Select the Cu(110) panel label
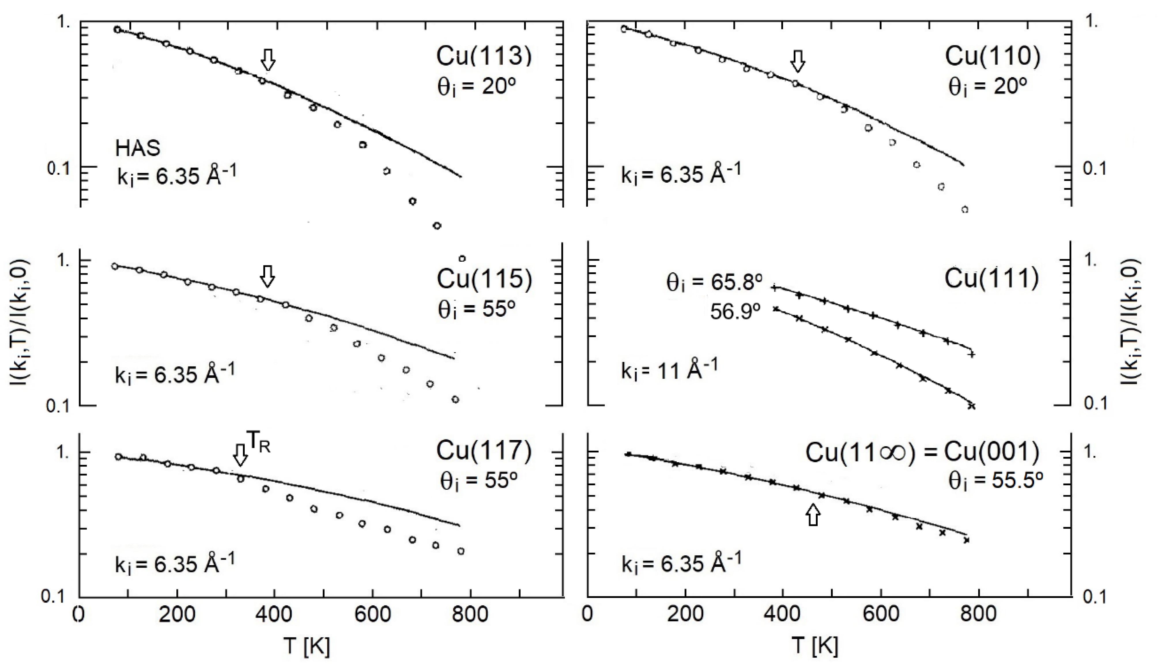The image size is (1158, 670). click(x=992, y=57)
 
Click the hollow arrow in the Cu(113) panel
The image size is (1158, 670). click(x=268, y=60)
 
